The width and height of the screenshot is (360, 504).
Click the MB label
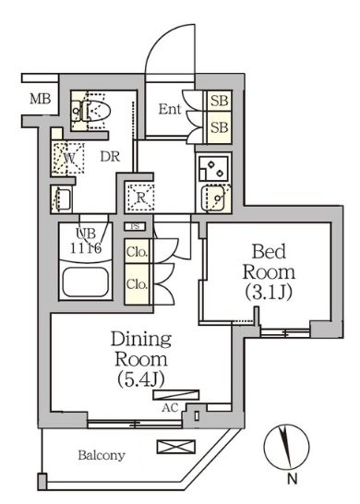[39, 100]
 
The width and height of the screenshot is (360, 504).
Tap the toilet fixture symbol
[92, 111]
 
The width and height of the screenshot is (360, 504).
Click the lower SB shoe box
[220, 126]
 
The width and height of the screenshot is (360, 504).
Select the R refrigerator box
[133, 196]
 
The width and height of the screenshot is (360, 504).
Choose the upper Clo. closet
[135, 251]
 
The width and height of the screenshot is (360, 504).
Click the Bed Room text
[269, 262]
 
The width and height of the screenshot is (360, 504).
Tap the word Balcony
[102, 455]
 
